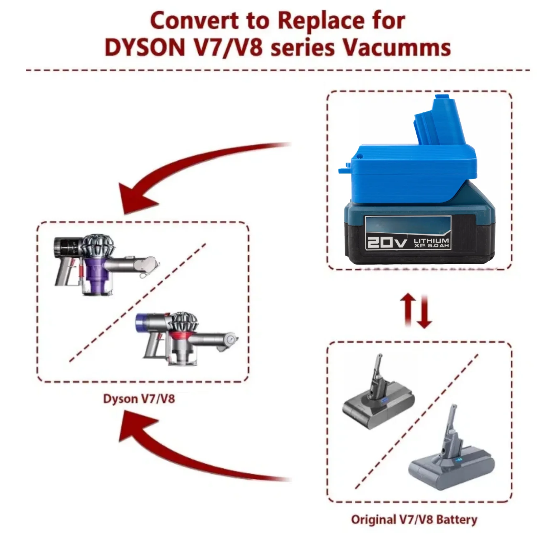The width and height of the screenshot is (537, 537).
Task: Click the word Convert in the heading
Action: (194, 21)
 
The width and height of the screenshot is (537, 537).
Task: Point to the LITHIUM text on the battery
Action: (431, 241)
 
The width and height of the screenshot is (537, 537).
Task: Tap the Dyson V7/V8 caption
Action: (139, 398)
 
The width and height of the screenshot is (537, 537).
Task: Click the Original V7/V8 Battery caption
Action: (414, 519)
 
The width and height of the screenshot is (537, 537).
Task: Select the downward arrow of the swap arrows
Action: (425, 311)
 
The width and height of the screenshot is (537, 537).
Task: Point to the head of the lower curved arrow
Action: (134, 428)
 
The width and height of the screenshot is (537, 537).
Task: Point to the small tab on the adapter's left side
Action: (344, 168)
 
